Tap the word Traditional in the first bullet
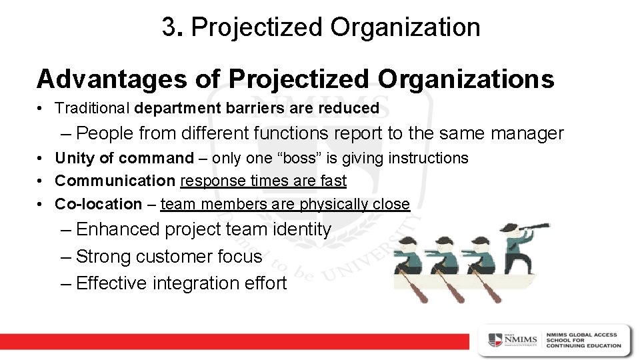click(x=93, y=107)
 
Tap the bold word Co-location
click(x=99, y=203)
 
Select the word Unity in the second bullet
click(x=72, y=159)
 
